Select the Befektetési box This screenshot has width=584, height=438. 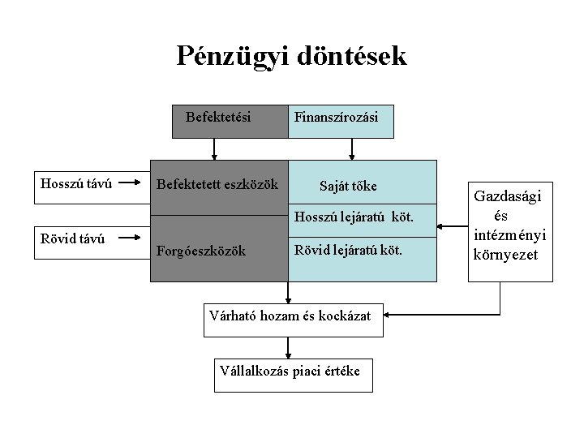click(x=218, y=118)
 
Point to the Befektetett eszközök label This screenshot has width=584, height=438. click(x=217, y=185)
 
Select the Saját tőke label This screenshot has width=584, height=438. click(x=348, y=187)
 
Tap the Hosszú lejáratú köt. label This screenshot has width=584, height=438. click(x=354, y=217)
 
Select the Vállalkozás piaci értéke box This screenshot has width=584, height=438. click(x=290, y=372)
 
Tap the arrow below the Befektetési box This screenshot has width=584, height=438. click(x=214, y=150)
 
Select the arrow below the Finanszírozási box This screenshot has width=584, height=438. click(x=351, y=150)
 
